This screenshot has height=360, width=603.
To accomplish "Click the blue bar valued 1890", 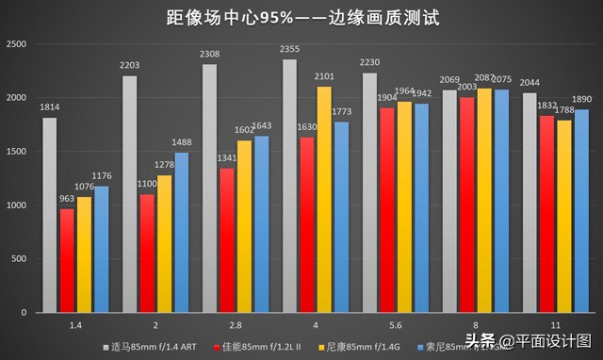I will click(x=582, y=211).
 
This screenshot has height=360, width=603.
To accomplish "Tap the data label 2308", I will click(x=209, y=55).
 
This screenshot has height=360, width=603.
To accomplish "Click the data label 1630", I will click(x=307, y=127).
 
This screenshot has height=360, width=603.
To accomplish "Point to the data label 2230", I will click(x=369, y=63).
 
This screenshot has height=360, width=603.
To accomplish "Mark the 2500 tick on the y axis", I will click(x=16, y=44).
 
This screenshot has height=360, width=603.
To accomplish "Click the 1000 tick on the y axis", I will click(x=16, y=205).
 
